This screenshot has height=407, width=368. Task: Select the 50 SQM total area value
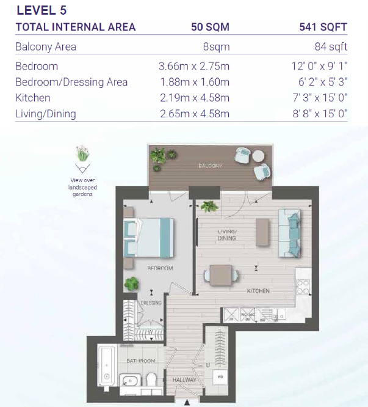pyautogui.click(x=209, y=27)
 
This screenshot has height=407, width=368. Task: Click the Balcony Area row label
pyautogui.click(x=46, y=47)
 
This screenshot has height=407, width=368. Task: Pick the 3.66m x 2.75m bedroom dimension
pyautogui.click(x=194, y=66)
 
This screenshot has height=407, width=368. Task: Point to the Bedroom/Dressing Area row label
pyautogui.click(x=71, y=82)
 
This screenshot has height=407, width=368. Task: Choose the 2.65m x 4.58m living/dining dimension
pyautogui.click(x=194, y=114)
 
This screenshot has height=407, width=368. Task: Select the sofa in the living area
pyautogui.click(x=289, y=233)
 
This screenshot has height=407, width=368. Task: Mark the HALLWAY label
pyautogui.click(x=184, y=380)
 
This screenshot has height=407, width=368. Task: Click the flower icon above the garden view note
pyautogui.click(x=81, y=153)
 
